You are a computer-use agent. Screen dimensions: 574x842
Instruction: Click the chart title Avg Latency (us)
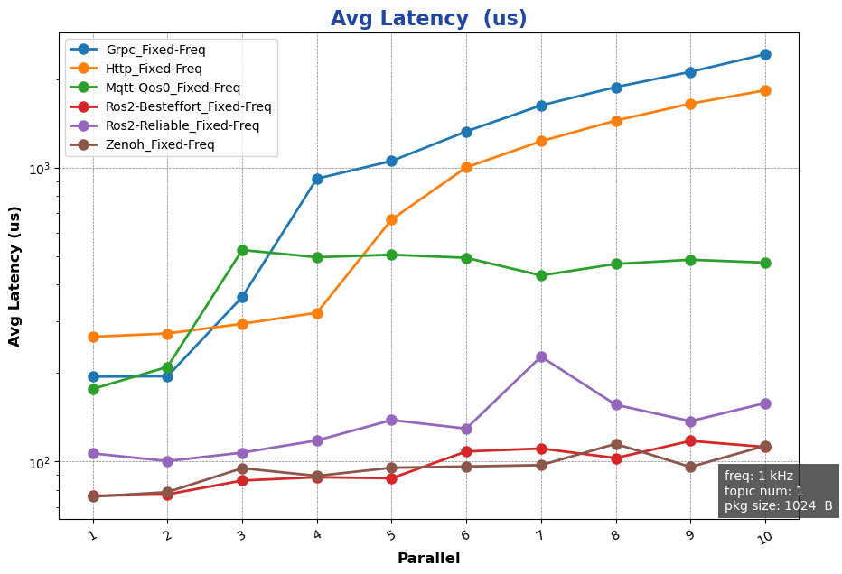pyautogui.click(x=428, y=19)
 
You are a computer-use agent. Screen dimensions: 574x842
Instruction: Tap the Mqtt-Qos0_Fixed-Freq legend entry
pyautogui.click(x=173, y=88)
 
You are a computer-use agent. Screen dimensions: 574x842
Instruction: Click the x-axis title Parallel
pyautogui.click(x=428, y=559)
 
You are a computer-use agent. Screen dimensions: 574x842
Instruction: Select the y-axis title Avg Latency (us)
pyautogui.click(x=15, y=275)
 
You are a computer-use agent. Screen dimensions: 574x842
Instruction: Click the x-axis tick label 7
pyautogui.click(x=541, y=536)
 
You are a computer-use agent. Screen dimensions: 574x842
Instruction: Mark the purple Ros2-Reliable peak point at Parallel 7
pyautogui.click(x=541, y=357)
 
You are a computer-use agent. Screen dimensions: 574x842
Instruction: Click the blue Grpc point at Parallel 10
pyautogui.click(x=765, y=54)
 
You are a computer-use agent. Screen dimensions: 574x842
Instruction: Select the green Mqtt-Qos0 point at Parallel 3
pyautogui.click(x=242, y=250)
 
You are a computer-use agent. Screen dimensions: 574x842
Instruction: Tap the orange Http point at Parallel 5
pyautogui.click(x=391, y=219)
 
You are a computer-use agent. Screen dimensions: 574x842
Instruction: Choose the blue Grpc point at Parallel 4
pyautogui.click(x=317, y=179)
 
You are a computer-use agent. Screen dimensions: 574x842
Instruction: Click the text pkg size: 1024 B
pyautogui.click(x=778, y=506)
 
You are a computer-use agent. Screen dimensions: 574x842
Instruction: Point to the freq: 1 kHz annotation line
pyautogui.click(x=759, y=476)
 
